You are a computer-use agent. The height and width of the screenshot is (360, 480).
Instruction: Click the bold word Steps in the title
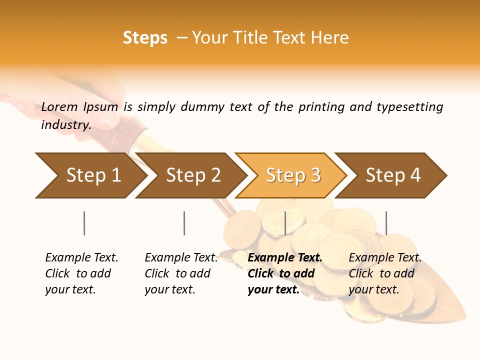coord(145,38)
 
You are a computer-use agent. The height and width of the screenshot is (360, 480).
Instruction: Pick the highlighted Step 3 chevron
coord(293,175)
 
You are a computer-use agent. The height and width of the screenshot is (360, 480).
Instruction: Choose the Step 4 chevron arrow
coord(393,175)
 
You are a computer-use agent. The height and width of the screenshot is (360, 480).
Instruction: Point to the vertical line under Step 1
coord(84,223)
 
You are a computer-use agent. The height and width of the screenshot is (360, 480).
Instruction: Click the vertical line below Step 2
coord(184,223)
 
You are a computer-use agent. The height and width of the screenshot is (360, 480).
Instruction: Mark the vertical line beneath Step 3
coord(285,223)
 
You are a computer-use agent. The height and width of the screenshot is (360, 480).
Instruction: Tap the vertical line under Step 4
coord(386,223)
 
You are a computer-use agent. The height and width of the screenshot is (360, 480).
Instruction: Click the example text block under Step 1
coord(81,273)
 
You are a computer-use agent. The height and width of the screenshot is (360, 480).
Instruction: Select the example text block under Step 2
coord(181,273)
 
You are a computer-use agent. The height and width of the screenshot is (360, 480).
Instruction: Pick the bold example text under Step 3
coord(285,273)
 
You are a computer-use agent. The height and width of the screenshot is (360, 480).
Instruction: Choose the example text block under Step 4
coord(385,273)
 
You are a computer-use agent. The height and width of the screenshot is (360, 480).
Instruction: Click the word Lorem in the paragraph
coord(59,107)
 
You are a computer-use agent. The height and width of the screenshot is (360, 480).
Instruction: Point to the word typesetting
coord(409,107)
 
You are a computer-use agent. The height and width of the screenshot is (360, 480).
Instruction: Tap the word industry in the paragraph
coord(65,125)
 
